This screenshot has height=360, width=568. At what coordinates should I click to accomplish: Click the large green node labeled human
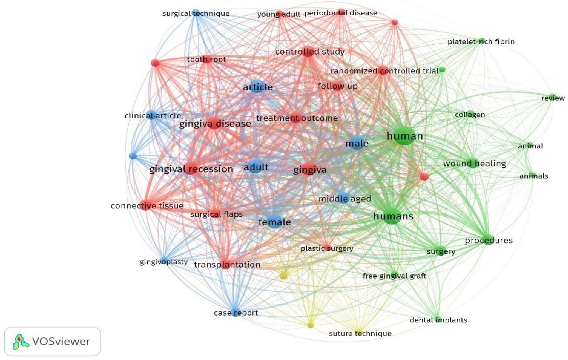(404, 136)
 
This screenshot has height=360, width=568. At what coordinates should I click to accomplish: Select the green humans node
(392, 216)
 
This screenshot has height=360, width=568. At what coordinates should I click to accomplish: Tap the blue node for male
(357, 143)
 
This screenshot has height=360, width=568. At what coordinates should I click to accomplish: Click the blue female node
(274, 221)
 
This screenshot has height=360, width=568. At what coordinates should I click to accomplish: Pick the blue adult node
(256, 166)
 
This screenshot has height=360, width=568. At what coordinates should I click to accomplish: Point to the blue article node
(257, 86)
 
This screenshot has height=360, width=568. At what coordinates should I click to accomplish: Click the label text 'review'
(553, 98)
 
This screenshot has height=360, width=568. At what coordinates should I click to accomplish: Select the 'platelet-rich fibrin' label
(481, 42)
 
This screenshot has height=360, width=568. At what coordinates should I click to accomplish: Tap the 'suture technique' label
(360, 334)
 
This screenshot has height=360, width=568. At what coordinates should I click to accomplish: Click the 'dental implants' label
(438, 320)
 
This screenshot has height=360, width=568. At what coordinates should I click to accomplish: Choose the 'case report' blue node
(236, 312)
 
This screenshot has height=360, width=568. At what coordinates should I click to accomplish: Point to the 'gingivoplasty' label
(163, 262)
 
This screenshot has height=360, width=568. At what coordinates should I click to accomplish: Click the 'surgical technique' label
(196, 13)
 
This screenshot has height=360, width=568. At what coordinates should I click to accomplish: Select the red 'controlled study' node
(308, 52)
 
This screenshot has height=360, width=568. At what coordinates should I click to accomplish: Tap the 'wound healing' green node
(472, 163)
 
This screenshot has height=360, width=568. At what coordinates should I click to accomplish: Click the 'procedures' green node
(488, 240)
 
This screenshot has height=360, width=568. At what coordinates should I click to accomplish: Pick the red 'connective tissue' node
(146, 205)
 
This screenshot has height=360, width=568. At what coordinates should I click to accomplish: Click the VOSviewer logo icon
(21, 342)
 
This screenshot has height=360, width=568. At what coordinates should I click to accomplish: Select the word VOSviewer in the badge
(61, 341)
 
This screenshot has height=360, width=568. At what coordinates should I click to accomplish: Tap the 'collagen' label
(470, 115)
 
